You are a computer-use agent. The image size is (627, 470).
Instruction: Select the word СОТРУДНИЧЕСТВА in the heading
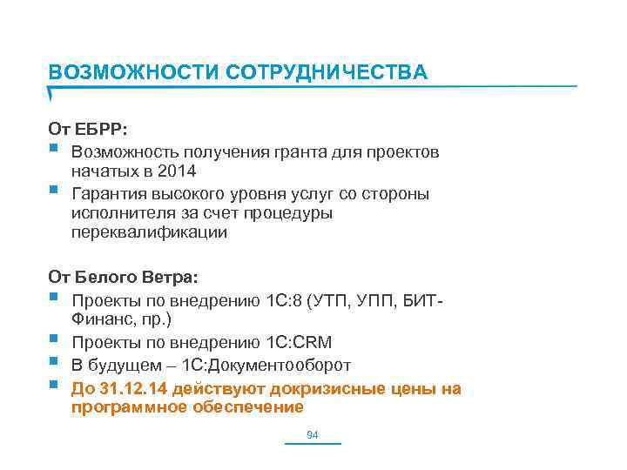[327, 72]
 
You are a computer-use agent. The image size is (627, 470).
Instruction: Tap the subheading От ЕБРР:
[88, 129]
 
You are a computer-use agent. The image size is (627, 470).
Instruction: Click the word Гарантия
[105, 193]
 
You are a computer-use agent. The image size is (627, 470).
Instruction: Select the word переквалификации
[149, 233]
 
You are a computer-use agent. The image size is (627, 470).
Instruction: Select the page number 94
[313, 434]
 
